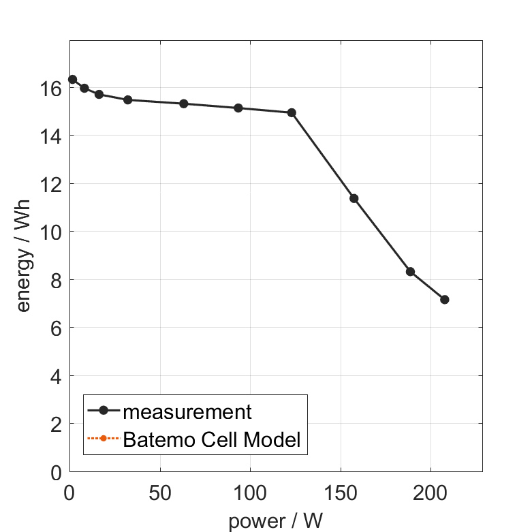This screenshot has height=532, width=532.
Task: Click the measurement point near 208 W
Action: (445, 300)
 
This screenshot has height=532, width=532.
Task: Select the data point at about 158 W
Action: (354, 198)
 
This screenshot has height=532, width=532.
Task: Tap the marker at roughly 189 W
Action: (411, 271)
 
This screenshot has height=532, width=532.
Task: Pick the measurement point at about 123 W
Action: (292, 112)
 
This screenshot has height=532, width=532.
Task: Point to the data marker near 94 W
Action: (238, 108)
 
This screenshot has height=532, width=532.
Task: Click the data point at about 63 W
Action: (184, 104)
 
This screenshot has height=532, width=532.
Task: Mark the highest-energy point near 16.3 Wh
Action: (72, 80)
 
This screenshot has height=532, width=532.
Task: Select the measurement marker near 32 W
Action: (127, 99)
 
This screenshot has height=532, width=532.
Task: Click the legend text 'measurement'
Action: (187, 411)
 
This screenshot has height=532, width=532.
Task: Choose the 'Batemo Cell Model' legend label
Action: (212, 439)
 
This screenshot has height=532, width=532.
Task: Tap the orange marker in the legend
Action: (104, 438)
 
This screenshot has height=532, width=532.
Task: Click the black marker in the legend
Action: (104, 410)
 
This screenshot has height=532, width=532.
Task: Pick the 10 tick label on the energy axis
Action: (55, 232)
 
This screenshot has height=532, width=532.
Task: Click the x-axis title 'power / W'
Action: (275, 521)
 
